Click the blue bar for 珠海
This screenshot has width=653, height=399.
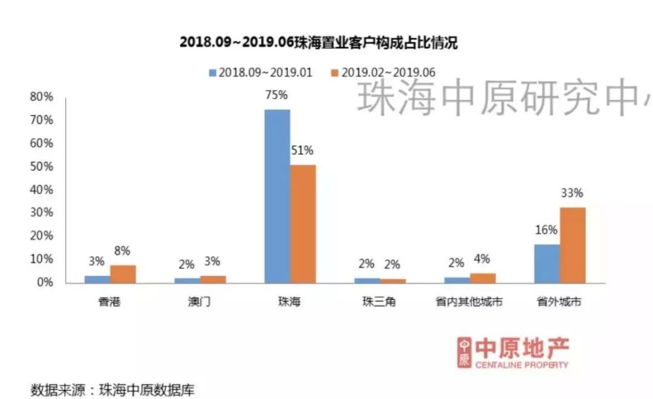coord(277,196)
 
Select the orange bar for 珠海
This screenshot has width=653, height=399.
coord(302,223)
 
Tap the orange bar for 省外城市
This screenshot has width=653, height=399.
coord(573,245)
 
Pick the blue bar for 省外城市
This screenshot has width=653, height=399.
coord(547,264)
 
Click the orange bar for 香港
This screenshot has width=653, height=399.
coord(123,274)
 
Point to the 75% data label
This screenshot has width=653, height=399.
coord(277,95)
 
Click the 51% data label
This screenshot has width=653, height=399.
coord(302,151)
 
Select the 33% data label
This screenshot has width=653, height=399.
coord(573,193)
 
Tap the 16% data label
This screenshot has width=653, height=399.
coord(547,230)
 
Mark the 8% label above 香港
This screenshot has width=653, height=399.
coord(123,251)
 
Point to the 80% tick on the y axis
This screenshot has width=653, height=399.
coord(41,97)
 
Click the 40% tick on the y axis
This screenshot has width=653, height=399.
coord(41,190)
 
